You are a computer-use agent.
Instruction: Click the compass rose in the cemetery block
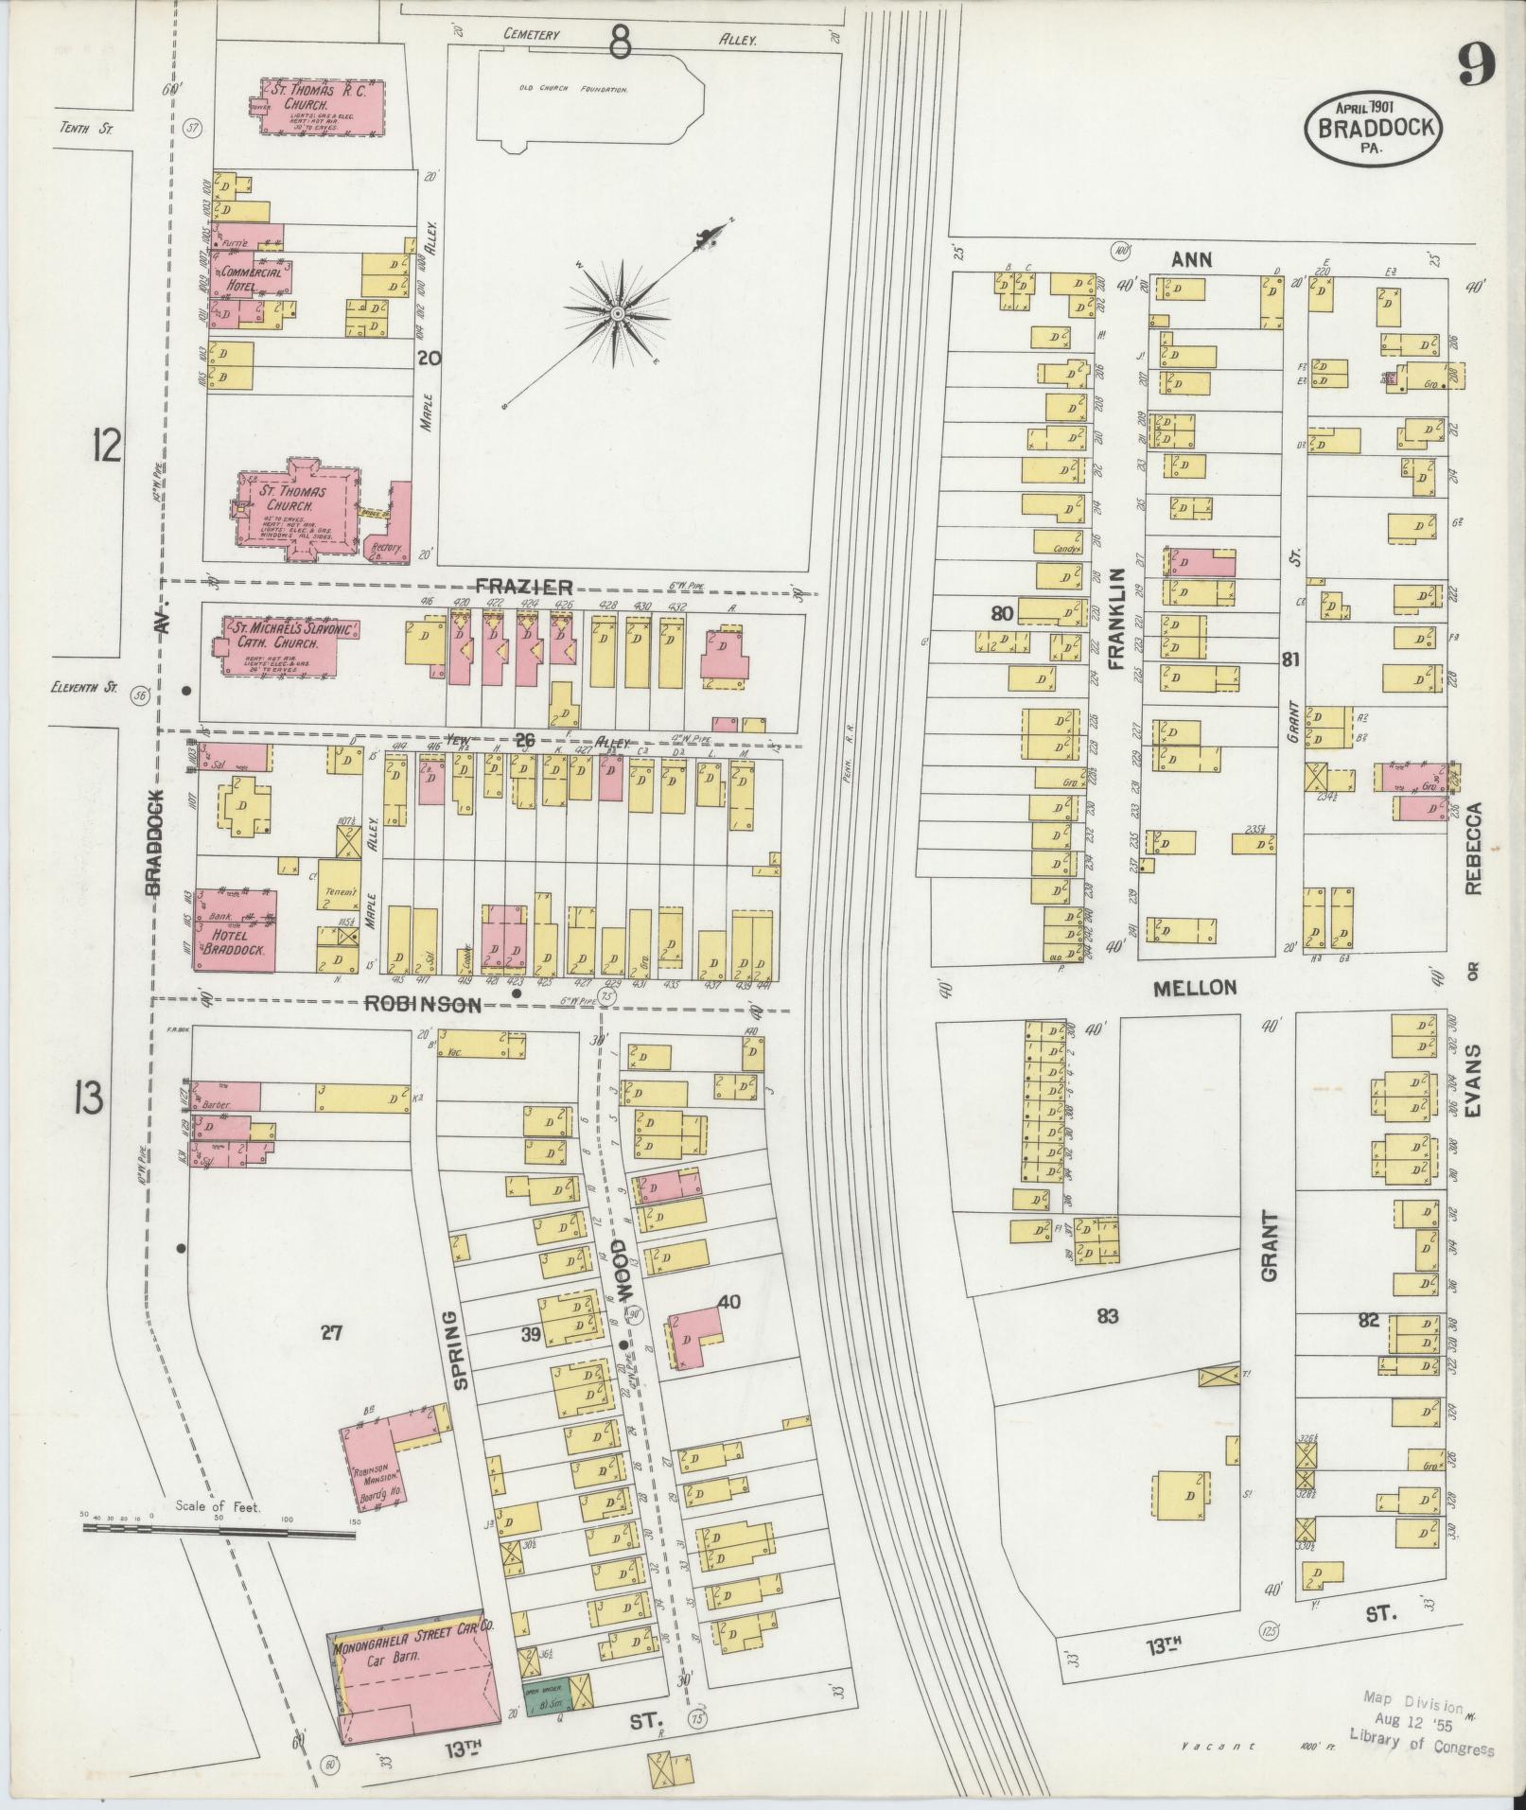[x=617, y=312]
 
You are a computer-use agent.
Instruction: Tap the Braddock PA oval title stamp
[x=1374, y=128]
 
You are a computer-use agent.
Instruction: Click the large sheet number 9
[x=1475, y=63]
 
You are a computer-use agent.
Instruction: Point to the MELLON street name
[x=1195, y=988]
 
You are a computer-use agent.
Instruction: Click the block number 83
[x=1108, y=1316]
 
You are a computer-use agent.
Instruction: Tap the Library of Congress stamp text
[x=1422, y=1744]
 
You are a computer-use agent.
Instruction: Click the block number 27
[x=330, y=1334]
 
